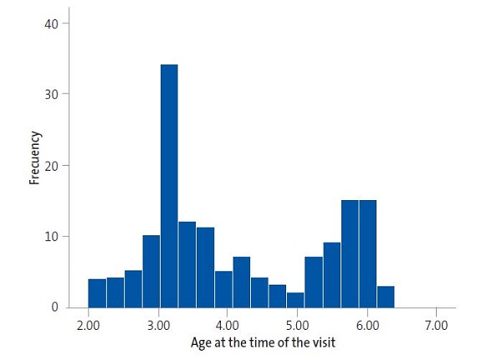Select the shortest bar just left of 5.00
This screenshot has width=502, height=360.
pyautogui.click(x=295, y=300)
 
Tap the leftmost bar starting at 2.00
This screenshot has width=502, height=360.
pyautogui.click(x=97, y=293)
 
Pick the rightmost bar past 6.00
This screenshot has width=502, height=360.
pyautogui.click(x=386, y=296)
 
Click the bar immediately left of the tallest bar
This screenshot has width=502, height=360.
pyautogui.click(x=151, y=271)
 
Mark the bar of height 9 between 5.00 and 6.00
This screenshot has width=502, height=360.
pyautogui.click(x=332, y=275)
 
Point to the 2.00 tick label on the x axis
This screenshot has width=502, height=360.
pyautogui.click(x=88, y=324)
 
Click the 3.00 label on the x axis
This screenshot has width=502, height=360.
pyautogui.click(x=158, y=324)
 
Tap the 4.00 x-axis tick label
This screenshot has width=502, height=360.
pyautogui.click(x=228, y=324)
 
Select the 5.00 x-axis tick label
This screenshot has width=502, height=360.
pyautogui.click(x=297, y=324)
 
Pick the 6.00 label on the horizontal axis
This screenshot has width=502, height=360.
pyautogui.click(x=366, y=324)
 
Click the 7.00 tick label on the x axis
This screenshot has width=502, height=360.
pyautogui.click(x=436, y=324)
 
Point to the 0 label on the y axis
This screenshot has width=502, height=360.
pyautogui.click(x=55, y=307)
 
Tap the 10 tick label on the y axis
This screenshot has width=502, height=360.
pyautogui.click(x=53, y=236)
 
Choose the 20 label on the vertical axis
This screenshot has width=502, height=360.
pyautogui.click(x=53, y=166)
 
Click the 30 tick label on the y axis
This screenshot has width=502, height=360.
pyautogui.click(x=53, y=95)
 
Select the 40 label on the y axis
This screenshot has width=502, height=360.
pyautogui.click(x=53, y=23)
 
